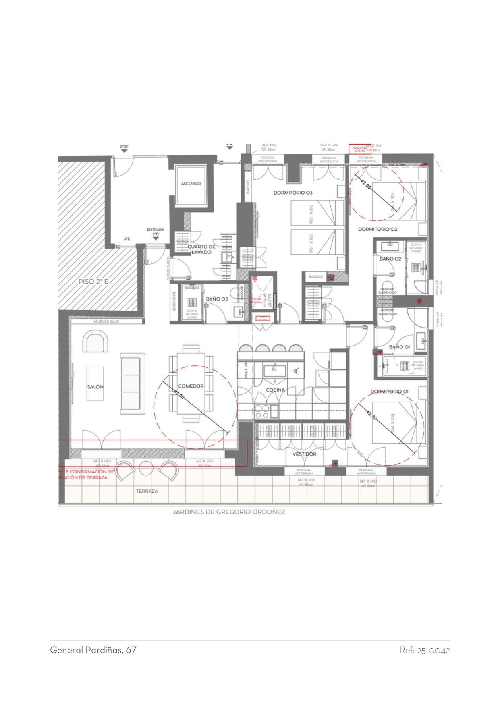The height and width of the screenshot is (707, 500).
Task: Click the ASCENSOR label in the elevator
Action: point(191,184)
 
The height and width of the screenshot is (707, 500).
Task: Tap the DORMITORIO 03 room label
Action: point(293,193)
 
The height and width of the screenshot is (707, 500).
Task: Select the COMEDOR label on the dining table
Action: point(191,386)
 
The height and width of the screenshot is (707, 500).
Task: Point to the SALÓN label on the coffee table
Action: point(95,387)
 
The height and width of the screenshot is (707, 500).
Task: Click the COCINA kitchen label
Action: point(276,390)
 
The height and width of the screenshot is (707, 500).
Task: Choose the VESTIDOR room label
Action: point(304,454)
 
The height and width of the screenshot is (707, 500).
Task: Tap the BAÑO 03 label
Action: point(217,299)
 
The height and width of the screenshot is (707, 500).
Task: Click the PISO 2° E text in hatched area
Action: point(94,282)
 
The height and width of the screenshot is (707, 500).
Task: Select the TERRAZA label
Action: point(147,491)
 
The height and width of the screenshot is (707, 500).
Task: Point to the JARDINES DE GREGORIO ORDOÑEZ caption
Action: point(229,512)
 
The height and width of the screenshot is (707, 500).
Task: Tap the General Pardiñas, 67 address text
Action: point(93,650)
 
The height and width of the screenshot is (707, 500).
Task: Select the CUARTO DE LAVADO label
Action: point(201,249)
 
